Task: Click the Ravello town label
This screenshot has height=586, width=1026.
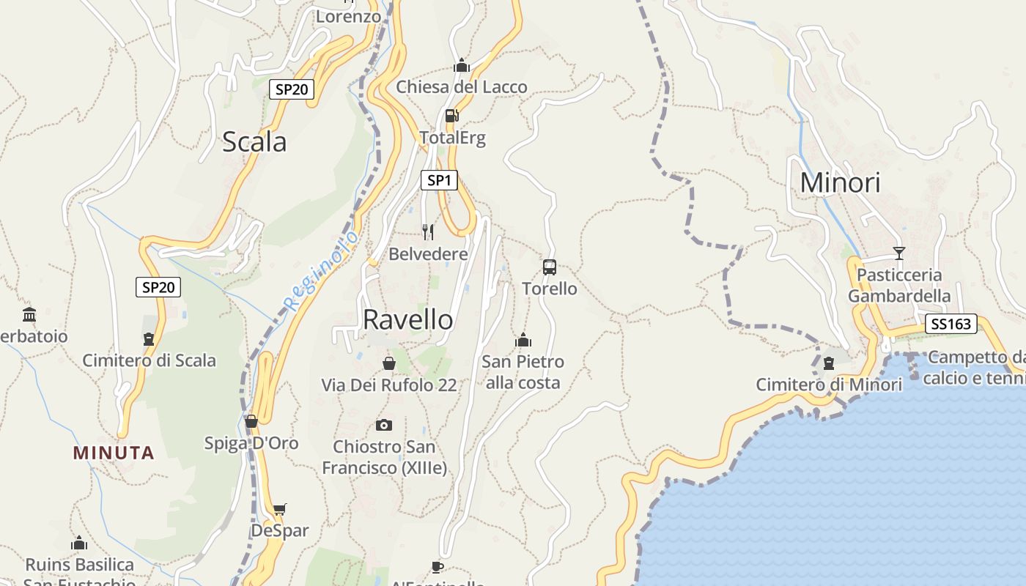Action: point(407,319)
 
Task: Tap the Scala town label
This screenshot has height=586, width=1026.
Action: point(254,141)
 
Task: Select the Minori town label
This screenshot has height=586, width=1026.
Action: point(840,182)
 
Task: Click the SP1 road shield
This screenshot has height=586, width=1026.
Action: point(439,180)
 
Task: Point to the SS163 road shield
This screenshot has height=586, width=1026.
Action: point(951,324)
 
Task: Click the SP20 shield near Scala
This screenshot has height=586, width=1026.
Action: point(292,89)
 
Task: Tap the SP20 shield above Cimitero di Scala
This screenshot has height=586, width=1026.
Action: point(158,287)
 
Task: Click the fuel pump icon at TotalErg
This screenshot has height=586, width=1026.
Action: point(451,115)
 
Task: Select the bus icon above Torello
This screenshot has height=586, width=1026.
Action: point(550,267)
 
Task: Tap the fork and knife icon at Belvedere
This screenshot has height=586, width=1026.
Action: point(428,232)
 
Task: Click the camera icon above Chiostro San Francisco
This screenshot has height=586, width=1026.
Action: point(383,425)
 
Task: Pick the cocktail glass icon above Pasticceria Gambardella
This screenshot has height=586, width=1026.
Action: point(899,253)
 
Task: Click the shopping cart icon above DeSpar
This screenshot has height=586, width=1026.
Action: point(279,509)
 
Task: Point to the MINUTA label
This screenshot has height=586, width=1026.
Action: point(114,453)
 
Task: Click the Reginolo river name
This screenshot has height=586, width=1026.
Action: point(322,270)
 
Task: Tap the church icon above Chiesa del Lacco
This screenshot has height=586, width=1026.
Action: point(461,66)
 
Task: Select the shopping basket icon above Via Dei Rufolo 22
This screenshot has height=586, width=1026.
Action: point(389,363)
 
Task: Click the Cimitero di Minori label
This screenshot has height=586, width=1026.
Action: point(829,385)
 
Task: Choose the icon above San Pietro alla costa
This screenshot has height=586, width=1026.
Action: point(523,340)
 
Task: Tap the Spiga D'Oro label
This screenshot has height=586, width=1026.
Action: point(251,443)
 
